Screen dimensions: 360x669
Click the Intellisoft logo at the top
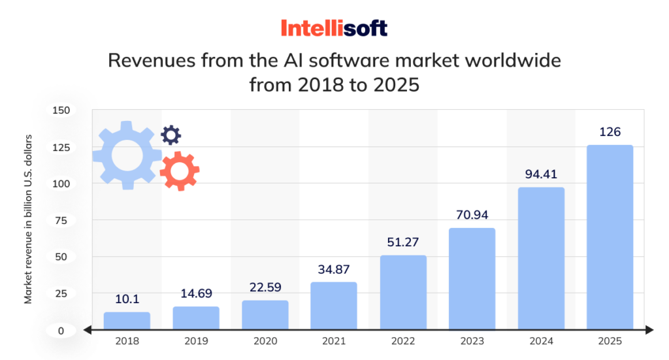pos(334,28)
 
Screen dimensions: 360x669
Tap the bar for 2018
pos(127,320)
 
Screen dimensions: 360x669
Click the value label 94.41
pos(541,174)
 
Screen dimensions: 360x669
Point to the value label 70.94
pos(472,214)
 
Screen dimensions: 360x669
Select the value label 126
pos(610,132)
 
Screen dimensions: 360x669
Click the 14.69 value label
pos(195,293)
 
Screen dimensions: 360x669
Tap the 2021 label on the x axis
pos(333,342)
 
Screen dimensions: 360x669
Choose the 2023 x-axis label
pos(472,342)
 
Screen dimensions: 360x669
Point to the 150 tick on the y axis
pos(60,110)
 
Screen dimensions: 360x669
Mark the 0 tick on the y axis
pos(61,331)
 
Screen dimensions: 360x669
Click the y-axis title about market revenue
pos(28,219)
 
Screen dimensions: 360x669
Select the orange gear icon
pos(179,171)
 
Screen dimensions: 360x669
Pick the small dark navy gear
pos(171,135)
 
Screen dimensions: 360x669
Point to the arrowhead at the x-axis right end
pos(649,330)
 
